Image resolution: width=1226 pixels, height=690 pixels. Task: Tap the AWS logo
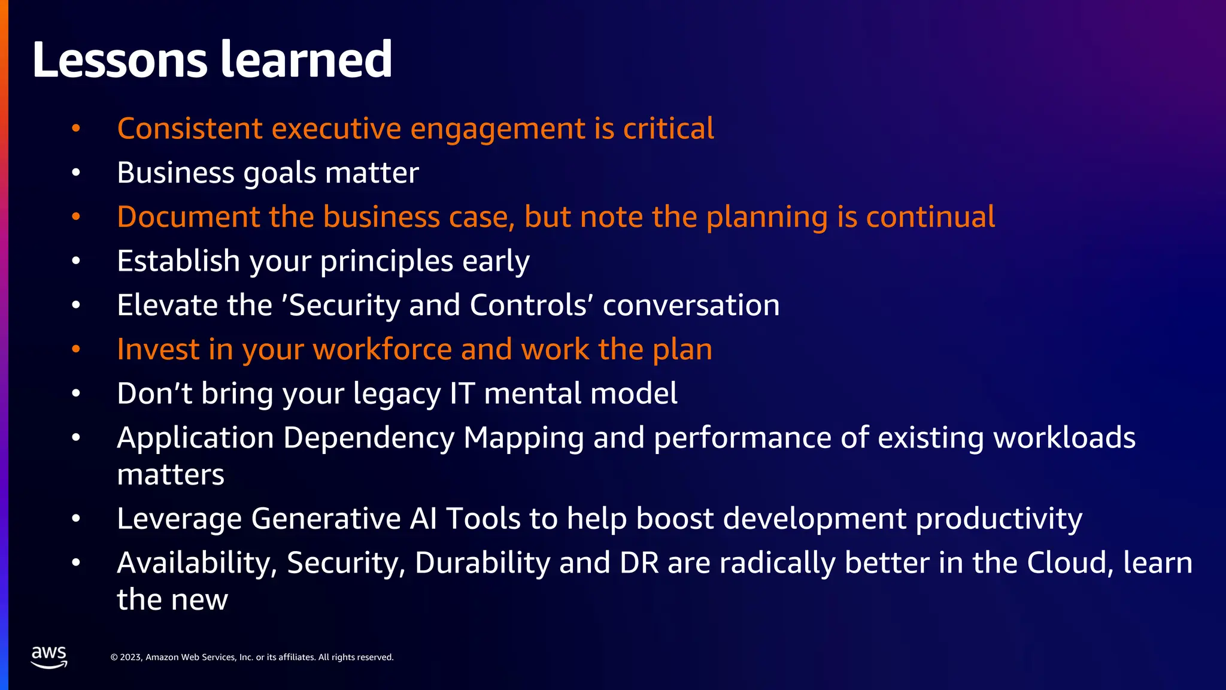(49, 657)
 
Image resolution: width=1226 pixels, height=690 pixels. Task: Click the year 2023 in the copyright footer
(131, 657)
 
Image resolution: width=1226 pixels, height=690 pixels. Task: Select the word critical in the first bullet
(668, 129)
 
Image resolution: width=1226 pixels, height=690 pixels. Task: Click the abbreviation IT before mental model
(462, 394)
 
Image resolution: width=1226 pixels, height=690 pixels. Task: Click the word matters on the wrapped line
(171, 475)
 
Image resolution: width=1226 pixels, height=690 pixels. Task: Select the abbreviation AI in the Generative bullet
(423, 519)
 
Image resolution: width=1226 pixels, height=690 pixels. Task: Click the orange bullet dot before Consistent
(76, 129)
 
